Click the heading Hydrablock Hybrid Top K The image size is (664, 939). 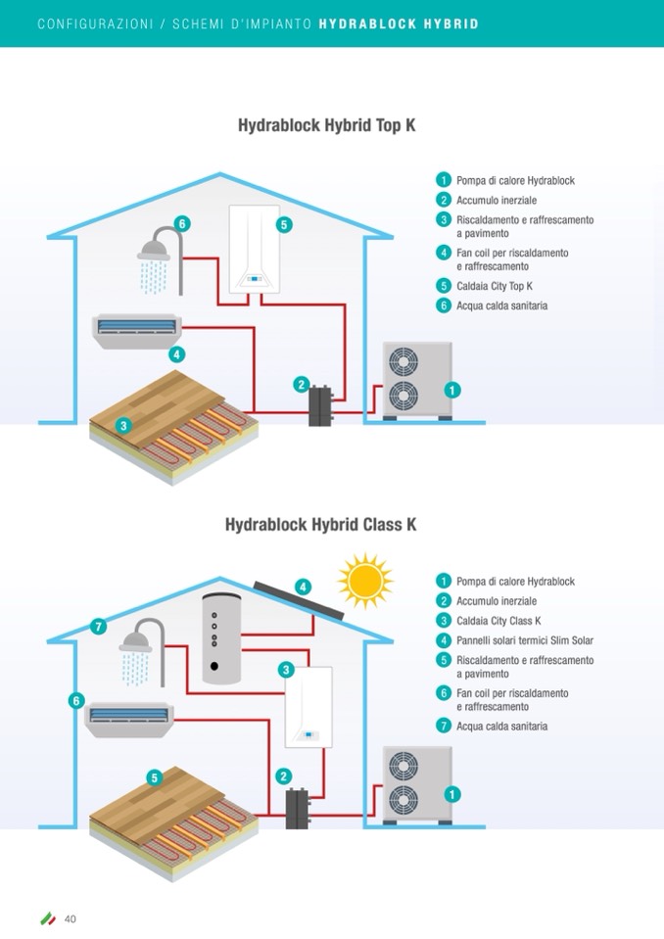(333, 126)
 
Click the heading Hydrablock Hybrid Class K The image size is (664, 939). (321, 525)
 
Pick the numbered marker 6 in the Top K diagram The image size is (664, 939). (181, 223)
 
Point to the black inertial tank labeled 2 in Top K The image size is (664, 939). (320, 404)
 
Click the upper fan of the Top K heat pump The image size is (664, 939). (403, 363)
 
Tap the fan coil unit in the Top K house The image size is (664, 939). (136, 328)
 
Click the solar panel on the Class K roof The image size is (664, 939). (298, 597)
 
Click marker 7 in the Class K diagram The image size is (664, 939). (97, 627)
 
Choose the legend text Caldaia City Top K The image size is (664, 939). (494, 287)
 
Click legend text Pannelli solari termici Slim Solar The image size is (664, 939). (524, 640)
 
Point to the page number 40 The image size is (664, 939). (71, 918)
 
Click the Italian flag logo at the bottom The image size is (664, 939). (47, 918)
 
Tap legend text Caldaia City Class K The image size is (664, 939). (498, 621)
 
